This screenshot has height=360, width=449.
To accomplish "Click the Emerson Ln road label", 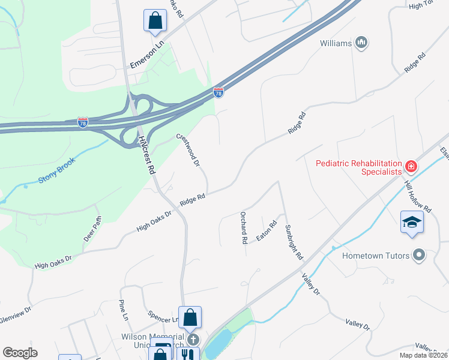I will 147,54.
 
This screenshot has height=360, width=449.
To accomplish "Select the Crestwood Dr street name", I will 187,151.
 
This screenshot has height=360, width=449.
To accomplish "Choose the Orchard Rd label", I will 244,227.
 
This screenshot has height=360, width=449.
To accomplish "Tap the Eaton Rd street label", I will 267,231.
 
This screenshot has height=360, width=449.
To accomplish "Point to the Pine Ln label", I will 123,310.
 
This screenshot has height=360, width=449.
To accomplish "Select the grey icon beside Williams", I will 361,42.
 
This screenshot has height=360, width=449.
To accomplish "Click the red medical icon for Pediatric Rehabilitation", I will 411,166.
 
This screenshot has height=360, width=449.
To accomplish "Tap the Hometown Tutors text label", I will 376,256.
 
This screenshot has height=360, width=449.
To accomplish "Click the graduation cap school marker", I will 412,222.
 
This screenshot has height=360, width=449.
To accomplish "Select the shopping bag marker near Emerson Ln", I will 155,20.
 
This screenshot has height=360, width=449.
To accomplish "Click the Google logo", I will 20,353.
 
